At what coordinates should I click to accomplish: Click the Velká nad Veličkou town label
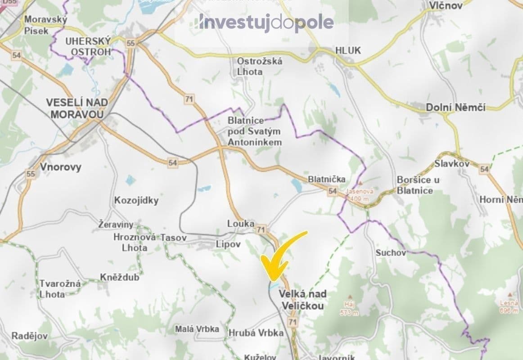pyautogui.click(x=302, y=300)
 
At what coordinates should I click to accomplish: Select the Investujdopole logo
pyautogui.click(x=266, y=22)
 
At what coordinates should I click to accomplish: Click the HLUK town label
pyautogui.click(x=348, y=50)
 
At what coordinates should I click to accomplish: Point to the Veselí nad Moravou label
pyautogui.click(x=77, y=108)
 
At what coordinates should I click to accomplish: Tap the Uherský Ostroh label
pyautogui.click(x=88, y=46)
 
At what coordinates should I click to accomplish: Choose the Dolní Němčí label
pyautogui.click(x=455, y=107)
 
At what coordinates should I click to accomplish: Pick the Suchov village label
pyautogui.click(x=391, y=253)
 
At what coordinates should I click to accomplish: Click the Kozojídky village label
pyautogui.click(x=136, y=201)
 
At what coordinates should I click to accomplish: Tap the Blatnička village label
pyautogui.click(x=327, y=179)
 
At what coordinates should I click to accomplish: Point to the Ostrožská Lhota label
pyautogui.click(x=260, y=66)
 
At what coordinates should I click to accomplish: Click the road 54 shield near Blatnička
pyautogui.click(x=333, y=192)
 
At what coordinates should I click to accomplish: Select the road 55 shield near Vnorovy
pyautogui.click(x=31, y=174)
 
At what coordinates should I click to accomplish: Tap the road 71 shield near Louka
pyautogui.click(x=261, y=229)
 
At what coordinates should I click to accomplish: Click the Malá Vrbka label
pyautogui.click(x=197, y=329)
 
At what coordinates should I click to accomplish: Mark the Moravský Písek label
pyautogui.click(x=45, y=25)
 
